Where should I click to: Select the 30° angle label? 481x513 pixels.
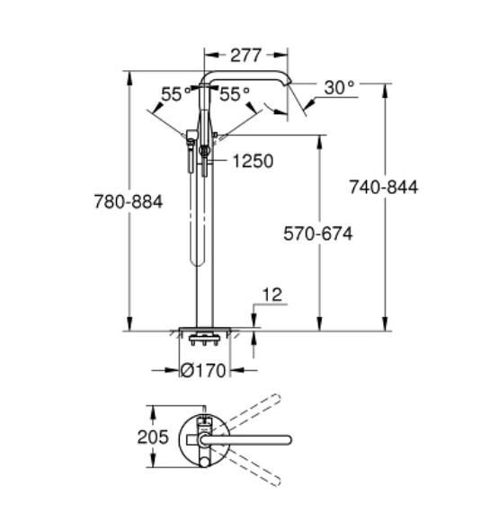tap(339, 87)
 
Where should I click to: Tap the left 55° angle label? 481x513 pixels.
tap(177, 93)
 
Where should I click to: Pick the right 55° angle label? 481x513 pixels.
tap(236, 93)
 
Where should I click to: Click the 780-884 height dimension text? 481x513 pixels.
tap(128, 202)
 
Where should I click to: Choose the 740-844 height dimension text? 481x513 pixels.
tap(384, 187)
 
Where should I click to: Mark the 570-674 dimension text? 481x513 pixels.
tap(318, 234)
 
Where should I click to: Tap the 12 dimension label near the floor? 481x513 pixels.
tap(273, 295)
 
